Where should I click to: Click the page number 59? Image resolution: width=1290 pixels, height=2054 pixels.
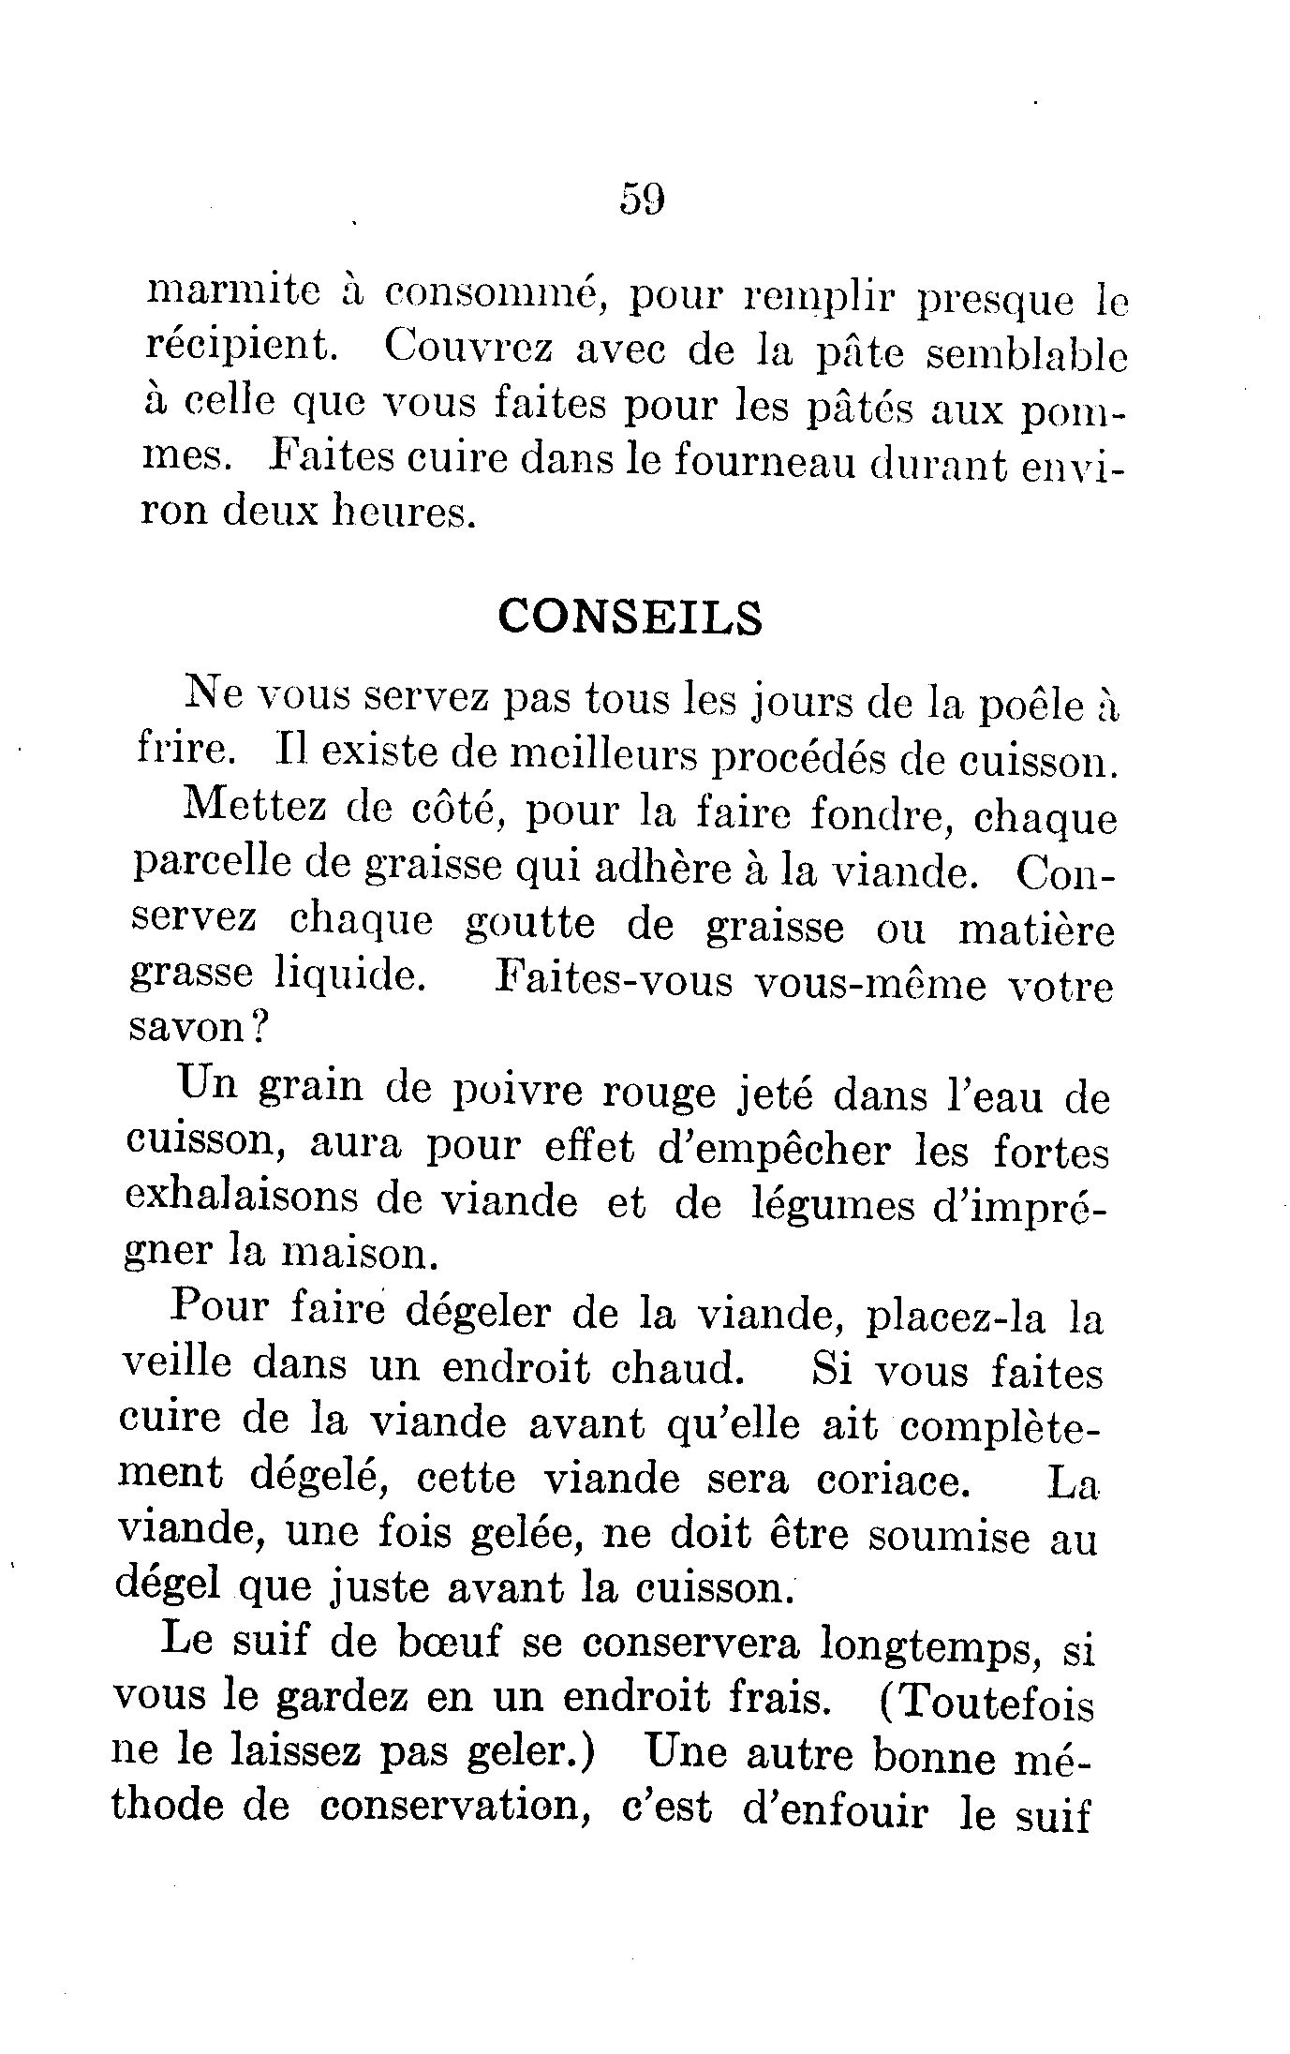(642, 200)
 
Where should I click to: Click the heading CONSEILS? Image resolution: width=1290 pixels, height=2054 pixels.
(630, 617)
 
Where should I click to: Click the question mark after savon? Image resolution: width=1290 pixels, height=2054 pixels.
(259, 1029)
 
